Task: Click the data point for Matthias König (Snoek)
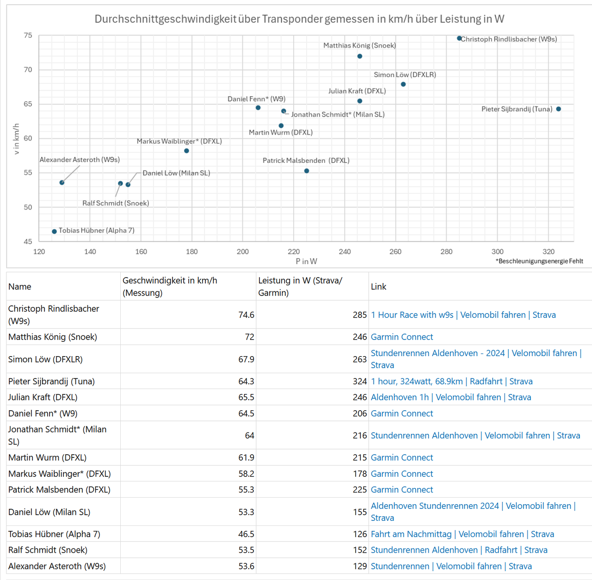pos(360,56)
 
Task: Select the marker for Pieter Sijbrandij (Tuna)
pos(559,109)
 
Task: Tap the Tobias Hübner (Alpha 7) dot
pos(55,231)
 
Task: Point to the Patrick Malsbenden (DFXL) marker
pos(307,171)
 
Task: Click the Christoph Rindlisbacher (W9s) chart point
pos(459,38)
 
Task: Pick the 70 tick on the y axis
pos(28,70)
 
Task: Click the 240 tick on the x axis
pos(345,252)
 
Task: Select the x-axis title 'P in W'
pos(306,261)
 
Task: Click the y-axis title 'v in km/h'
pos(17,139)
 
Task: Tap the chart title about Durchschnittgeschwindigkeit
pos(299,19)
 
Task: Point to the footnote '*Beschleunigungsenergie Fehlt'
pos(539,261)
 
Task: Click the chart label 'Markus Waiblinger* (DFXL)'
pos(179,141)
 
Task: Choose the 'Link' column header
pos(378,287)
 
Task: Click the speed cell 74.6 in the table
pos(246,315)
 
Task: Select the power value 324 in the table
pos(359,382)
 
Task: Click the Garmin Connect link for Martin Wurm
pos(401,457)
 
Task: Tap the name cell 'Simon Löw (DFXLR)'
pos(45,359)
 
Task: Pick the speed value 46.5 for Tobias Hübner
pos(246,534)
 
